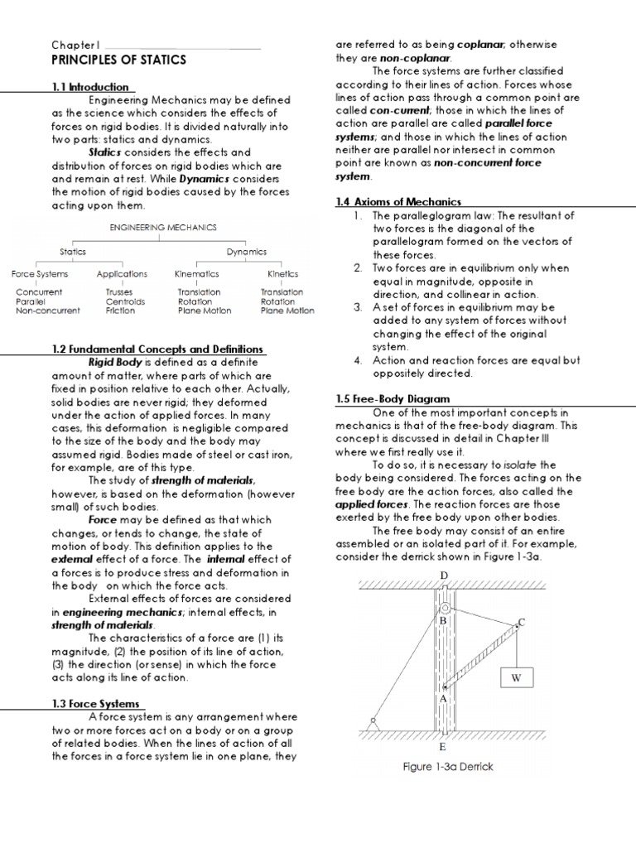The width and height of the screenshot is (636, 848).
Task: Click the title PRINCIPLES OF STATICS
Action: [119, 60]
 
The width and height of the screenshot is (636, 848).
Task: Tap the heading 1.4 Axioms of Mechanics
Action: [398, 201]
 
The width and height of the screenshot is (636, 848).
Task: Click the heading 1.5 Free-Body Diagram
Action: [392, 398]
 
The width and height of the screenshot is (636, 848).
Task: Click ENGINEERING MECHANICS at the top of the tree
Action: [163, 226]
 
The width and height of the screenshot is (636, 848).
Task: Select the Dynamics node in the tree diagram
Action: [247, 251]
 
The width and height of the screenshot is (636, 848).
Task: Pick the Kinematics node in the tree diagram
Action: [196, 273]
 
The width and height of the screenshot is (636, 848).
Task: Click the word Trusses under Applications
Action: [118, 292]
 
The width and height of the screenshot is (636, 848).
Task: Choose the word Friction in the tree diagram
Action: [120, 311]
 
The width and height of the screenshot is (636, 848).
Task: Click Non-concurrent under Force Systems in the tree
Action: [48, 311]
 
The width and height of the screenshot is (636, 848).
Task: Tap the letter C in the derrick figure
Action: [522, 621]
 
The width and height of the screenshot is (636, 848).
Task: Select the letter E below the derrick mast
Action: [444, 745]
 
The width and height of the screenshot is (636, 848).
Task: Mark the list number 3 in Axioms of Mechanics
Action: [358, 306]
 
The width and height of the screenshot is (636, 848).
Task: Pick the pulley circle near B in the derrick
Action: [445, 609]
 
